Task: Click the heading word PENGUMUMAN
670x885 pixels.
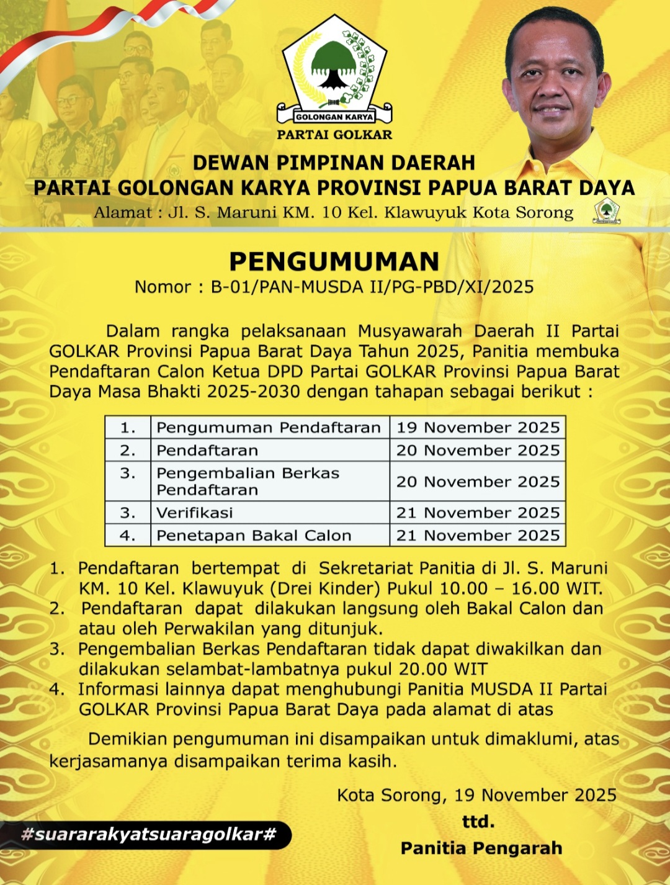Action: point(334,261)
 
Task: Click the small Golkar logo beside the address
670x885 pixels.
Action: point(606,211)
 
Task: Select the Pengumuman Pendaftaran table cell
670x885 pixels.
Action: point(269,428)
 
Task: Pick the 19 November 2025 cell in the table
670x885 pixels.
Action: point(478,428)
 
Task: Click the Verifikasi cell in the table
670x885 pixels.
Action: point(195,513)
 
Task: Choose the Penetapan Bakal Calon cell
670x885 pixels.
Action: point(254,536)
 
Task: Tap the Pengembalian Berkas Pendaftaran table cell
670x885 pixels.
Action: point(248,482)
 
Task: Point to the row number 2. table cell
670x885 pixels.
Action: point(128,451)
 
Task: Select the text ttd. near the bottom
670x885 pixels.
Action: point(478,822)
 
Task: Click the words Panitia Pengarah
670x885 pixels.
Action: point(481,848)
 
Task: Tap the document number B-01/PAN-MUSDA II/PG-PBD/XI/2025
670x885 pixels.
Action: point(372,287)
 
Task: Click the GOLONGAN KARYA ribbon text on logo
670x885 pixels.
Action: point(334,117)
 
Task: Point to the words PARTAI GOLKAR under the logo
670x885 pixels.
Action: point(334,135)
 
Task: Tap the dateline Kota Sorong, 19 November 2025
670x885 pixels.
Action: point(476,795)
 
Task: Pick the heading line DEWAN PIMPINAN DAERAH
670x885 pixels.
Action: point(334,163)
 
